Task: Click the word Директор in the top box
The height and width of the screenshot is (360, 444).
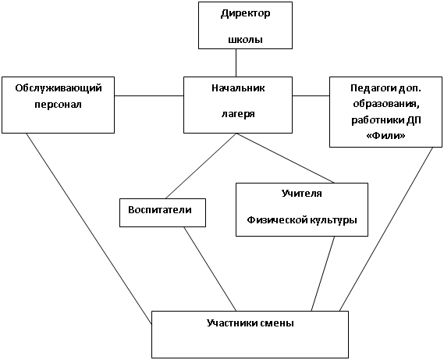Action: tap(246, 14)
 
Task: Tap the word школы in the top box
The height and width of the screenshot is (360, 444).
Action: tap(246, 39)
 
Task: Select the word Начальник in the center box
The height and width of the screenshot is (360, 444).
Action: tap(238, 88)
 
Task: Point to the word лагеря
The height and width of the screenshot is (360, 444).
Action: tap(238, 114)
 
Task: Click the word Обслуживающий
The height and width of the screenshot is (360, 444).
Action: tap(59, 88)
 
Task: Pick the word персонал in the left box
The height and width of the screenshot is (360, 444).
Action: tap(59, 105)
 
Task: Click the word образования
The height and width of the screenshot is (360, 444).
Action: tap(386, 104)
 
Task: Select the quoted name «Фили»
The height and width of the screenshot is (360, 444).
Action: tap(386, 136)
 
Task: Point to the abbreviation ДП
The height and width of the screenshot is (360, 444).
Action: tap(414, 120)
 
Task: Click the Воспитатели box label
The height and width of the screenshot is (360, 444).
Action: tap(160, 210)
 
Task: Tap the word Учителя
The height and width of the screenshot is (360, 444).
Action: tap(302, 194)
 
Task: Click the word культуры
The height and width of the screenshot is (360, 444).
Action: tap(332, 220)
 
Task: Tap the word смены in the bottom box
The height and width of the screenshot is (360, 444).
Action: tap(278, 324)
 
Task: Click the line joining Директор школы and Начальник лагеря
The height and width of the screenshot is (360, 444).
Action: tap(236, 62)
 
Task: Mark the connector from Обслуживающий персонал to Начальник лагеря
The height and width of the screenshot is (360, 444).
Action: tap(149, 96)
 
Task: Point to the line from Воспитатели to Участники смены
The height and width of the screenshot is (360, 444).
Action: tap(210, 269)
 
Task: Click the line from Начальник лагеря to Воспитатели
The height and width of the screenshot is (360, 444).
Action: tap(201, 166)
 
